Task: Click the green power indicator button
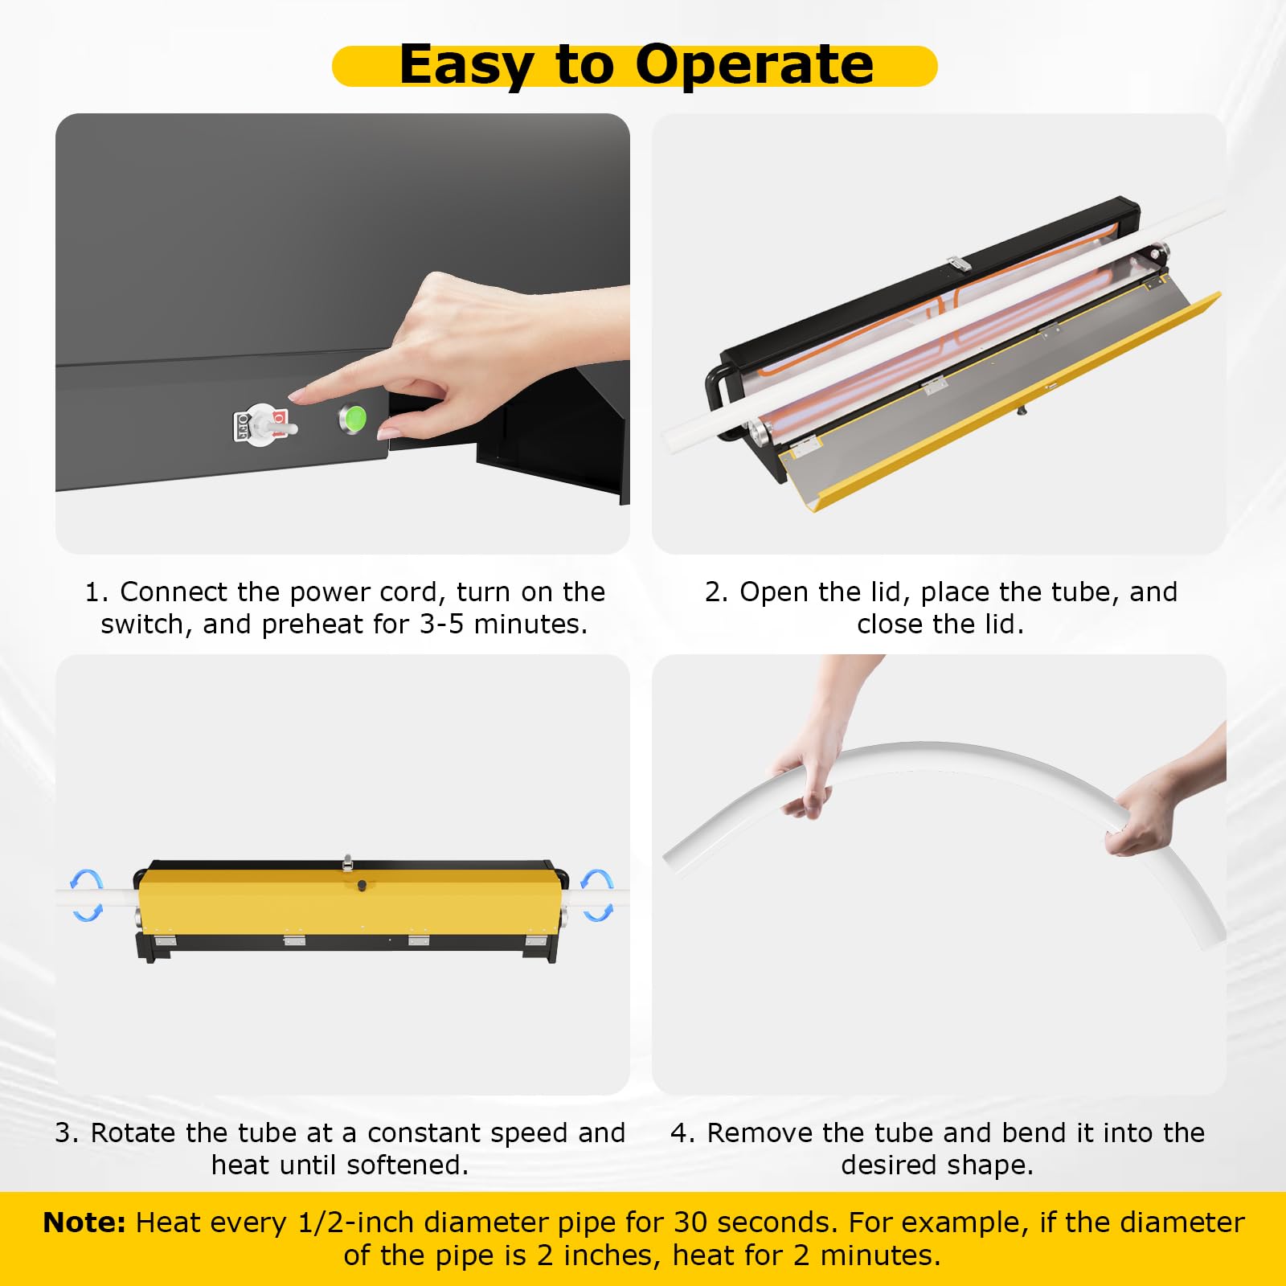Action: (353, 419)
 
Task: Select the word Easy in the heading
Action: (467, 66)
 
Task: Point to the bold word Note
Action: (84, 1223)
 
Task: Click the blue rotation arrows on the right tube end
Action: (596, 895)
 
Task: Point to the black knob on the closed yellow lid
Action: (362, 885)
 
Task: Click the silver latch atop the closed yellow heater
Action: (347, 862)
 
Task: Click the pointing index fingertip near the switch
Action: (294, 396)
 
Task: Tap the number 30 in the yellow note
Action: (690, 1223)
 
